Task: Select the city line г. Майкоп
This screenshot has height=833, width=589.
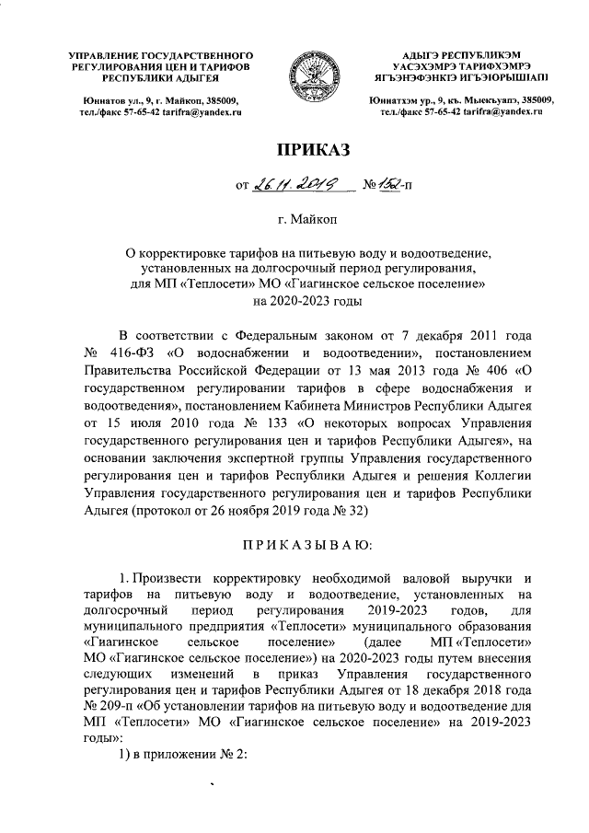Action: (x=313, y=220)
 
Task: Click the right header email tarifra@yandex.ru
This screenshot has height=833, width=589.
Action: (x=506, y=111)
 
